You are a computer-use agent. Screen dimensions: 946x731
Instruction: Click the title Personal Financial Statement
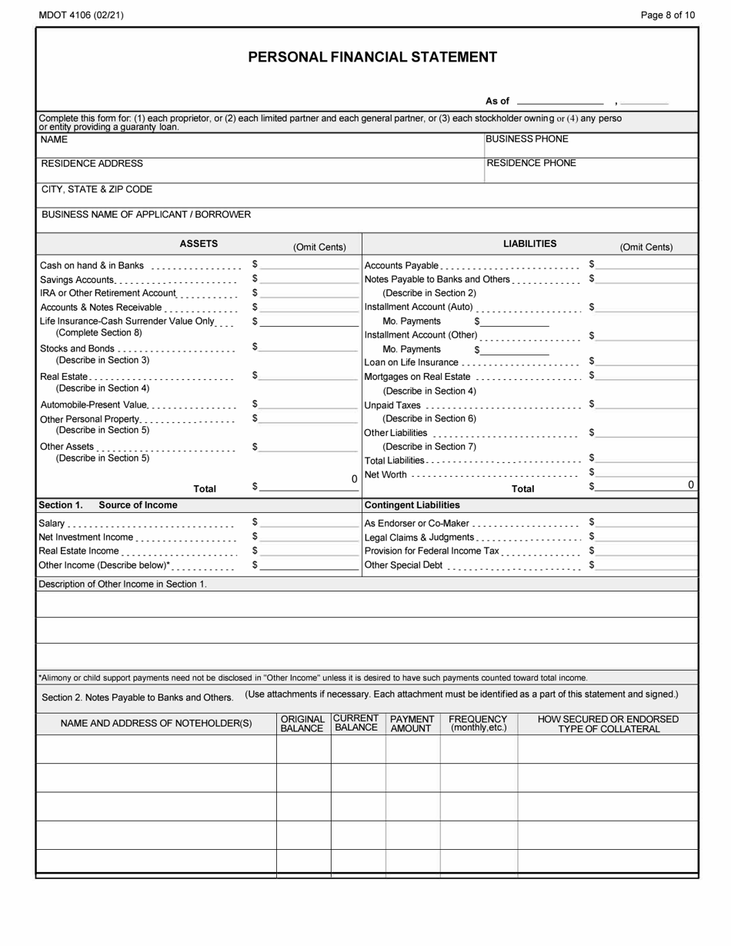[372, 57]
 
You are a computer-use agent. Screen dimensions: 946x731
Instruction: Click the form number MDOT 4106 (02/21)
[80, 15]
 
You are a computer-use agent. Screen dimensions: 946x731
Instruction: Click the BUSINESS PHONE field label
[527, 139]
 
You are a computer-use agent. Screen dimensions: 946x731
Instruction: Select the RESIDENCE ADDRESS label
[92, 164]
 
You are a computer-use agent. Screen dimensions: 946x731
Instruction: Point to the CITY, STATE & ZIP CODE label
[96, 189]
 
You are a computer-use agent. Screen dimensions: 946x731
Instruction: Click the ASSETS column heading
[199, 244]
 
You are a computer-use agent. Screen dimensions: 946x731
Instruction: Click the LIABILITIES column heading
[529, 244]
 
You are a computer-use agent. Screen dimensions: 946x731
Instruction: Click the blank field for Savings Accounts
[309, 280]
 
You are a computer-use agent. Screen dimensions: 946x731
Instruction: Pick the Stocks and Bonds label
[77, 348]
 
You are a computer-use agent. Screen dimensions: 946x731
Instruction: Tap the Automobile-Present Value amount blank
[309, 405]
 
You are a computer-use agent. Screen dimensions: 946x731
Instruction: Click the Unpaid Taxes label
[392, 405]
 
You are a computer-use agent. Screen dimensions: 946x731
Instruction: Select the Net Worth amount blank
[646, 474]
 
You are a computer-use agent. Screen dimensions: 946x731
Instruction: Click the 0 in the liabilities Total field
[690, 485]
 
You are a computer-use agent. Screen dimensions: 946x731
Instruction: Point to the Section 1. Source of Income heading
[108, 505]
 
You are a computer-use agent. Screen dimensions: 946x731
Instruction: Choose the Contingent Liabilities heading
[412, 505]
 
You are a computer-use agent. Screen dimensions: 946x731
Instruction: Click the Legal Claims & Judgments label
[419, 538]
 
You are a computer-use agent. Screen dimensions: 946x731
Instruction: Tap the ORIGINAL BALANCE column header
[302, 724]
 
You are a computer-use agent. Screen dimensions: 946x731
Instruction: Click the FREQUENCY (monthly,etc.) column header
[478, 724]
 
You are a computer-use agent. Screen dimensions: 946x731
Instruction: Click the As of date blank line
[560, 102]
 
